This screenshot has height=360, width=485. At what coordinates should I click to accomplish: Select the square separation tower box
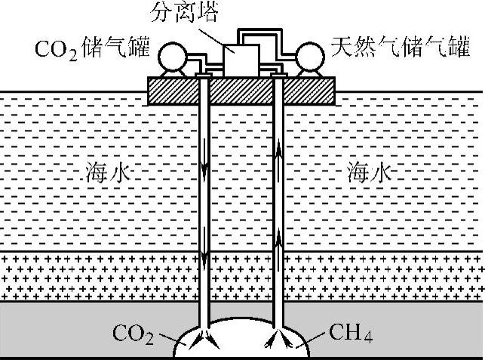tap(241, 59)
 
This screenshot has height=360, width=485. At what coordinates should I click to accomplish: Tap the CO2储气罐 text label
tap(94, 52)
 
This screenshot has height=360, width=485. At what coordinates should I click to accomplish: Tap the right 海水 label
tap(370, 174)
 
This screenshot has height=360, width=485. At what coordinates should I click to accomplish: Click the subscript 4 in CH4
tap(369, 337)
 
